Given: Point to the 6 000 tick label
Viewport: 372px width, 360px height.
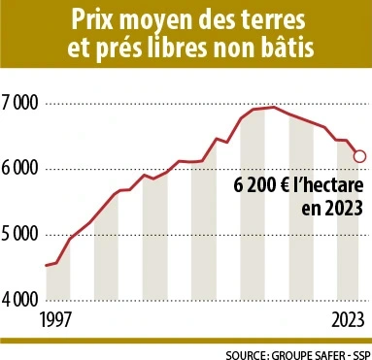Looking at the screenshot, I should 19,169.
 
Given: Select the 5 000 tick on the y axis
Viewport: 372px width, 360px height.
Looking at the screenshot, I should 19,235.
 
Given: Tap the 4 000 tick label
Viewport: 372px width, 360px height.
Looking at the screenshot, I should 19,300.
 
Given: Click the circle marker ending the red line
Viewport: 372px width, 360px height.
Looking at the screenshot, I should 359,155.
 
